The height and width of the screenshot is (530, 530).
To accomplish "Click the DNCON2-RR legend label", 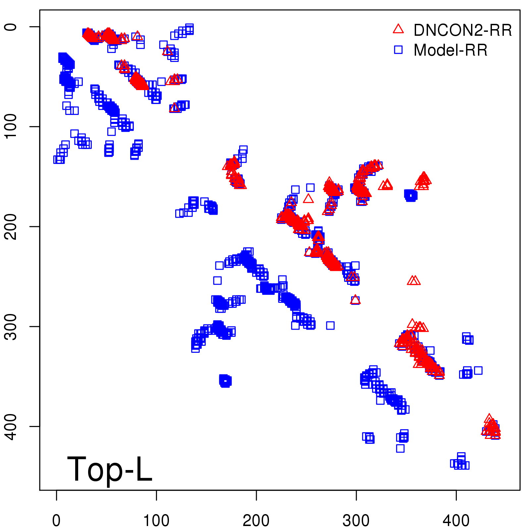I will (462, 30).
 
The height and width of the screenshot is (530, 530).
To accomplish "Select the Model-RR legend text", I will (450, 50).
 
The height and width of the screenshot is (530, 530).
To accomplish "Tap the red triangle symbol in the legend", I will (398, 29).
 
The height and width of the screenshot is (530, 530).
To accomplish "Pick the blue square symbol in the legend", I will (398, 50).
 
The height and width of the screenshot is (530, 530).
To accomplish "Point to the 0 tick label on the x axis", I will (56, 521).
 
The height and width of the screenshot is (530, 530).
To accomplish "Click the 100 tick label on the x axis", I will (156, 521).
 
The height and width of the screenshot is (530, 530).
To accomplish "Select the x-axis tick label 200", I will (256, 521).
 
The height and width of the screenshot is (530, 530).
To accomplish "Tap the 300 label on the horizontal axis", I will (356, 521).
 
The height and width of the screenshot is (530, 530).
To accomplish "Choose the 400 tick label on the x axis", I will (456, 521).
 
